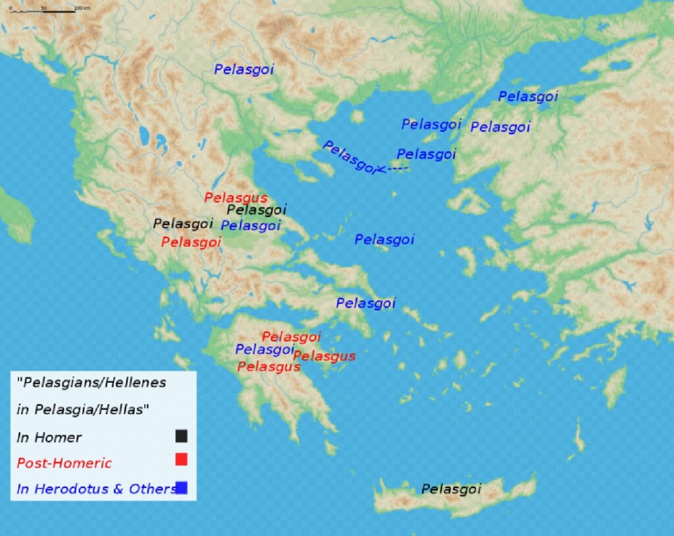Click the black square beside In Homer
tap(181, 436)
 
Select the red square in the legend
tap(181, 460)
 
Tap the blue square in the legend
tap(182, 487)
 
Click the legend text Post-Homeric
tap(64, 463)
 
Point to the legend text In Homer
tap(49, 437)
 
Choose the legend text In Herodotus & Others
tap(95, 489)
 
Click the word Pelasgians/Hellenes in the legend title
tap(92, 381)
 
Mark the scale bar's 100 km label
tap(82, 8)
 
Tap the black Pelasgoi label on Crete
tap(451, 489)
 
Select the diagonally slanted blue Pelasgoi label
tap(350, 157)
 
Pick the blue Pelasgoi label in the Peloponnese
tap(265, 350)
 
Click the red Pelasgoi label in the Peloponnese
tap(291, 336)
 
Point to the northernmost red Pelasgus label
tap(236, 198)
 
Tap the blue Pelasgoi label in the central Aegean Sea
tap(384, 240)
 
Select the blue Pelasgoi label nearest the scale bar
tap(244, 68)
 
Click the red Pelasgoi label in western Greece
tap(191, 242)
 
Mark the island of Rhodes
tap(615, 387)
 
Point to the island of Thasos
tap(357, 117)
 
